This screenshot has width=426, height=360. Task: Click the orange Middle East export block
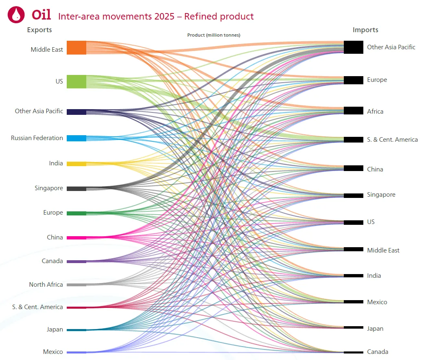(x=76, y=48)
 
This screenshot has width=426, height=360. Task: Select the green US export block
(x=76, y=81)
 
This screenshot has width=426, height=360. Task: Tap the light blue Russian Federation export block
(x=76, y=138)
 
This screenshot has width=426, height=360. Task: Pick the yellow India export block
(x=76, y=164)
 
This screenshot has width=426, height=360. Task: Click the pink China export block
(x=76, y=238)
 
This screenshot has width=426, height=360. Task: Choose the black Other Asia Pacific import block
(x=354, y=47)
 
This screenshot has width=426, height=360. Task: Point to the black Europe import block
(x=354, y=80)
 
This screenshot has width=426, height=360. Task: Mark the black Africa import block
(x=354, y=111)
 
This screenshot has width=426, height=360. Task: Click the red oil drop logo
(x=16, y=15)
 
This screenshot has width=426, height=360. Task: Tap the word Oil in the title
(x=41, y=14)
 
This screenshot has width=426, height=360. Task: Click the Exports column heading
(x=39, y=30)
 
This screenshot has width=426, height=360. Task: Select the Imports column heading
(x=365, y=30)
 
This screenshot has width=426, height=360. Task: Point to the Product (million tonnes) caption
(x=214, y=35)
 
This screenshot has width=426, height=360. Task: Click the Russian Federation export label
(x=37, y=138)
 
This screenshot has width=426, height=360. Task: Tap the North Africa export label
(x=46, y=284)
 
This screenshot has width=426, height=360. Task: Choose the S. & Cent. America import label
(x=392, y=140)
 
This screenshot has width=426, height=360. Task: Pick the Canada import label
(x=378, y=351)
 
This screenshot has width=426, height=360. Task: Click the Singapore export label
(x=49, y=188)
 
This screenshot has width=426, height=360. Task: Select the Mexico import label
(x=377, y=302)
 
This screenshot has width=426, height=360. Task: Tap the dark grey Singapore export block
(x=76, y=189)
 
